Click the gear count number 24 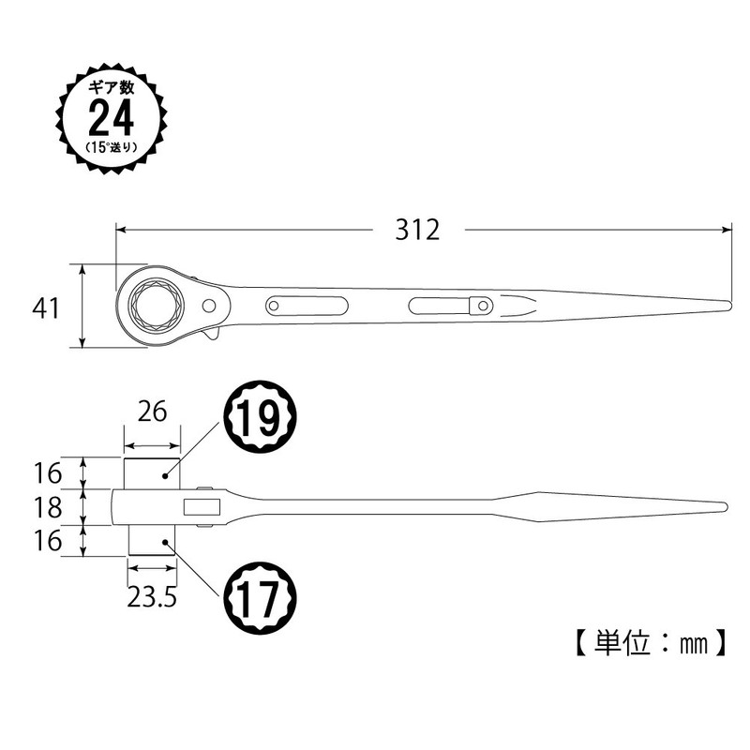click(112, 119)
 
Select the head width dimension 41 click(44, 308)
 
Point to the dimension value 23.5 click(152, 597)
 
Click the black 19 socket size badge click(260, 423)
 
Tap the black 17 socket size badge click(260, 596)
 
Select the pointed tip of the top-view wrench click(727, 306)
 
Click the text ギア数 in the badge click(112, 86)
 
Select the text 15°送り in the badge click(112, 148)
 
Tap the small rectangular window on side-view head click(201, 507)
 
